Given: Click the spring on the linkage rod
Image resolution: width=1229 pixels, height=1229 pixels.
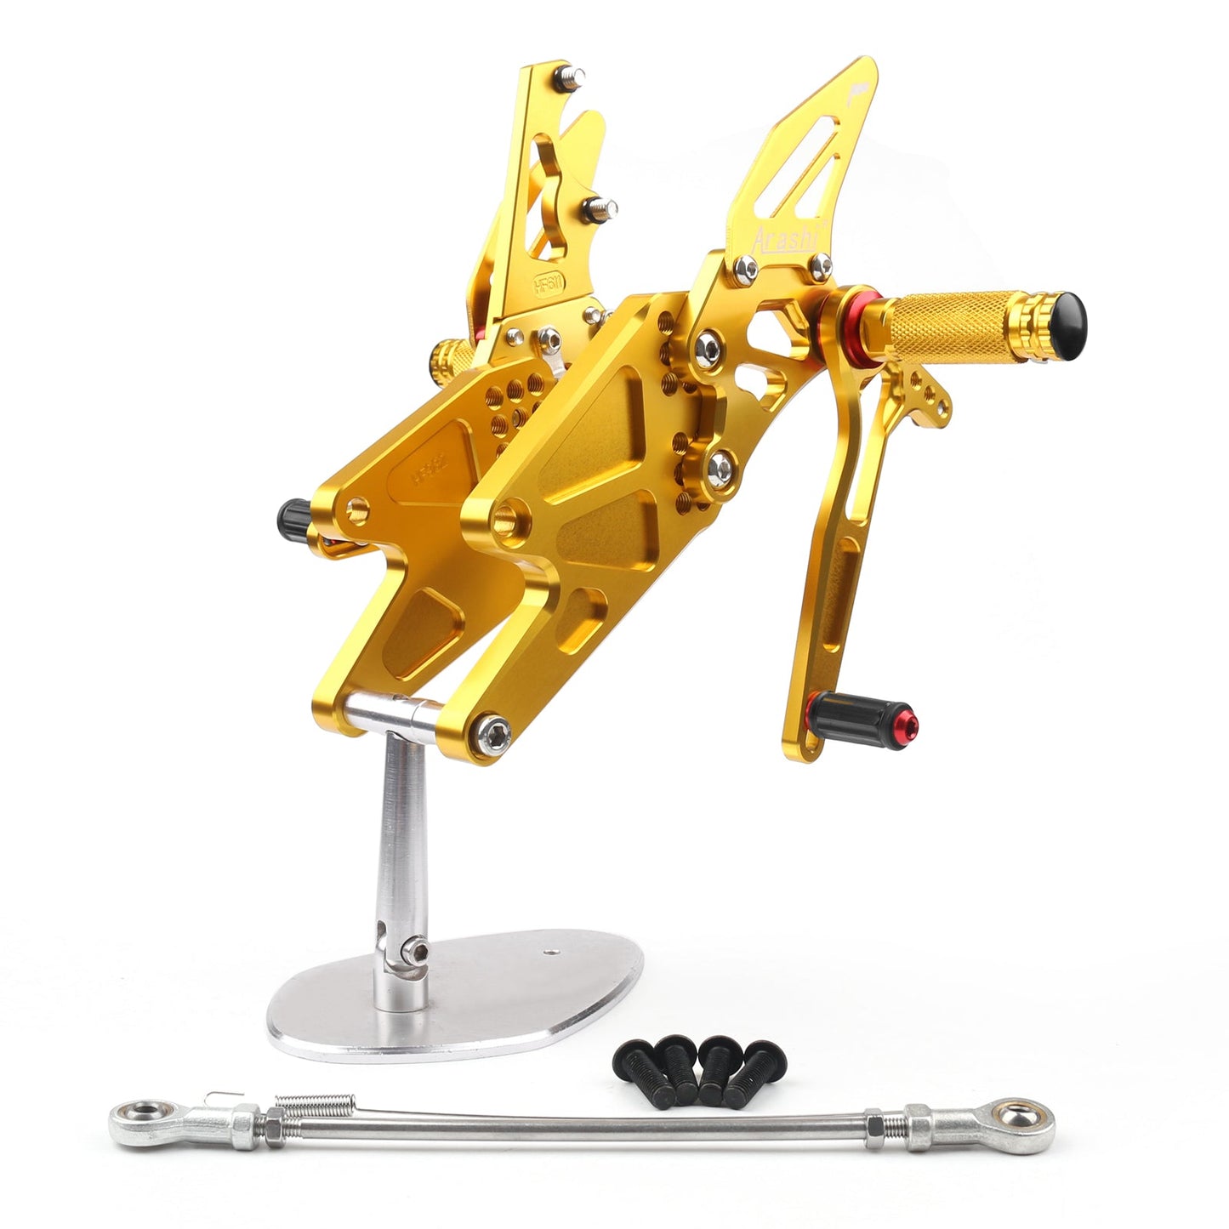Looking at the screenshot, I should (x=304, y=1101).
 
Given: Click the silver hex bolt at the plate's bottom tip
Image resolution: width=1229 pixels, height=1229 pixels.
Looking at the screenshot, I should (x=496, y=730).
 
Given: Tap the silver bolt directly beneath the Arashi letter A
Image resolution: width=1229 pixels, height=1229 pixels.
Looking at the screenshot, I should (x=748, y=270).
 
